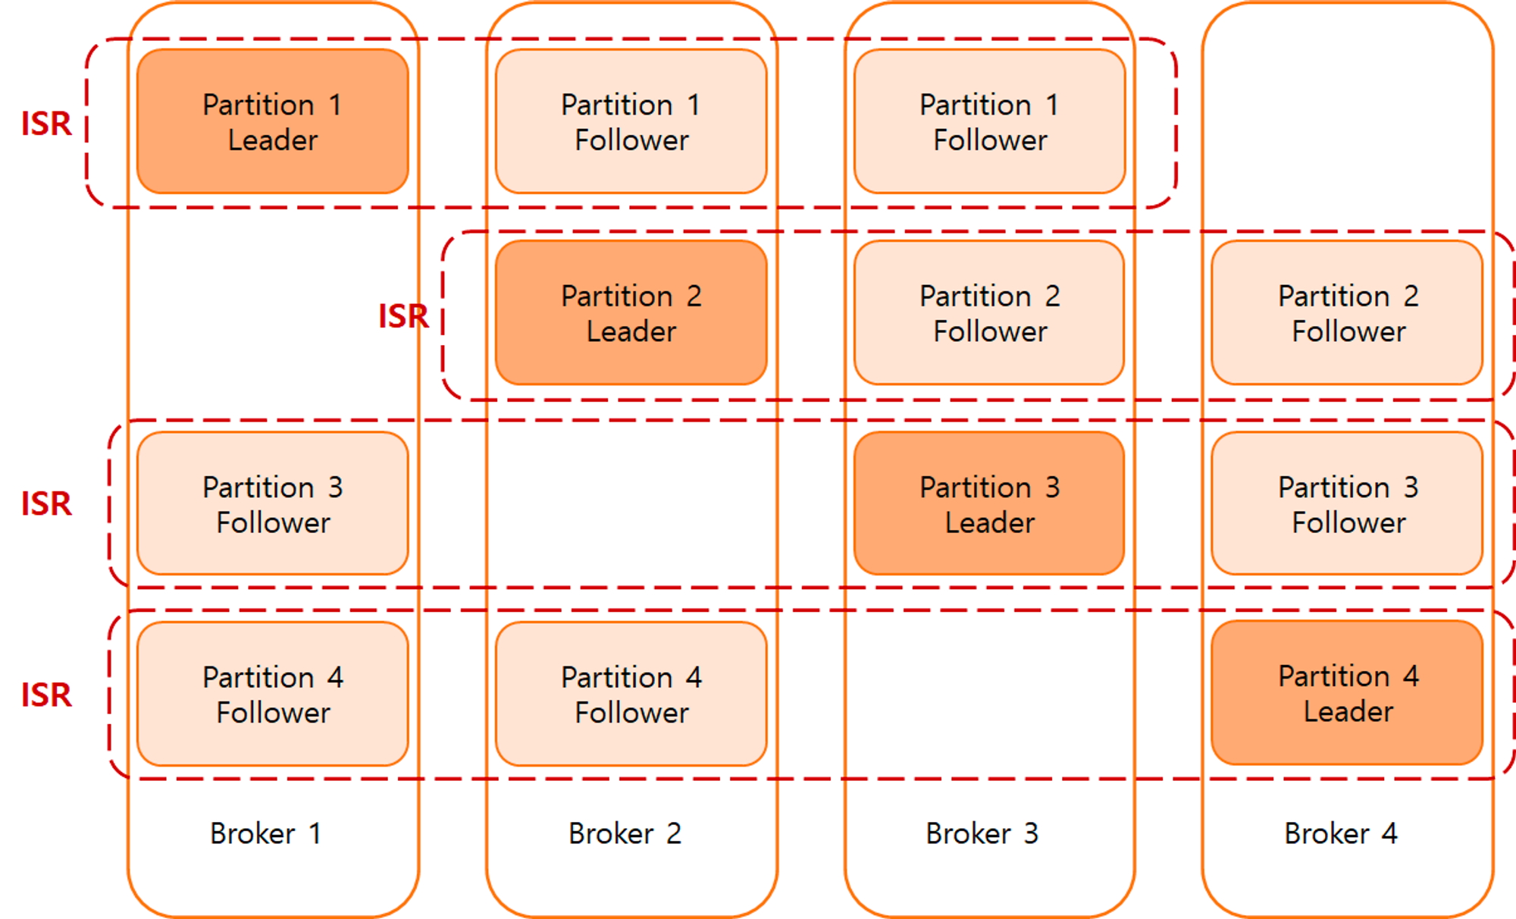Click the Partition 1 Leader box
[273, 121]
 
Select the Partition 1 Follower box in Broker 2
[631, 121]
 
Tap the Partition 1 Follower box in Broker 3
[989, 121]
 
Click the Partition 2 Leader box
[631, 312]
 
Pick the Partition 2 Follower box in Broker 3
[989, 312]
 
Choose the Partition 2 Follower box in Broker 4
[1347, 312]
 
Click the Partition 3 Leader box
[989, 503]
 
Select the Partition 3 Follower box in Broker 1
[273, 503]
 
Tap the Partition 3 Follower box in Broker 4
[1347, 503]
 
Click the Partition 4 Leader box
[1347, 693]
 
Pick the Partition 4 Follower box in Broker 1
[273, 694]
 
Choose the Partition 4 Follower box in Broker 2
[631, 694]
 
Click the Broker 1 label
[265, 833]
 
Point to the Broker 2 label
[625, 833]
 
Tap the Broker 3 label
[982, 833]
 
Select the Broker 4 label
[1340, 833]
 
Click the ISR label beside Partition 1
[46, 124]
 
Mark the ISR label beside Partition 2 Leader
[403, 316]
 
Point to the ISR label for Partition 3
[46, 503]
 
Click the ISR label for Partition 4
[46, 695]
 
